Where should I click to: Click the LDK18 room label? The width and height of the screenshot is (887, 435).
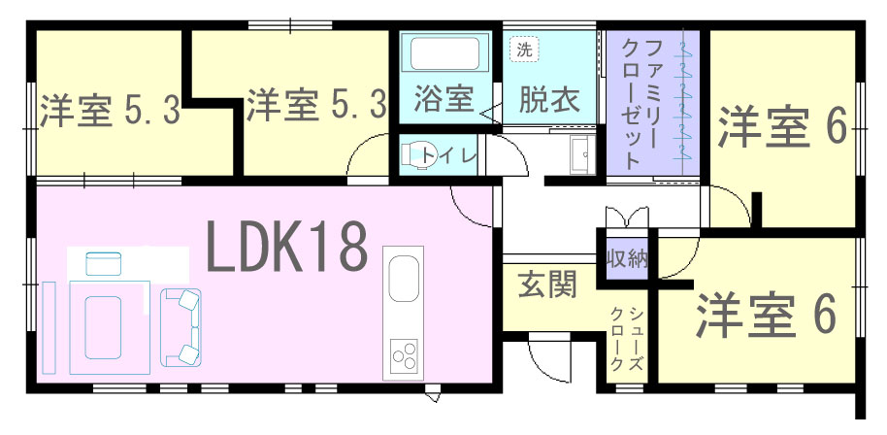point(288,246)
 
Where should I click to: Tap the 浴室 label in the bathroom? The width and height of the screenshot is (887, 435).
point(443,100)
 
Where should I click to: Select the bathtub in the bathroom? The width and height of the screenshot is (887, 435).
point(444,54)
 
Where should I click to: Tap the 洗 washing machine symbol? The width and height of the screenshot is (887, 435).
point(524,50)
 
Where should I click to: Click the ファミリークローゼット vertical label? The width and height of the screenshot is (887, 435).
point(640,103)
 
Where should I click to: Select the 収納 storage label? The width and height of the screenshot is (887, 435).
point(627,259)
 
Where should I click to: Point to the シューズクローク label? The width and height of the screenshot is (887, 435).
point(628,338)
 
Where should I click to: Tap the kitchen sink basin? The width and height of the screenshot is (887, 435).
point(403,279)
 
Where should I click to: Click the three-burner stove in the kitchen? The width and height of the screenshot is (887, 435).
point(404,354)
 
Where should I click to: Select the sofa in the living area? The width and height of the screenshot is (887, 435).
point(181,326)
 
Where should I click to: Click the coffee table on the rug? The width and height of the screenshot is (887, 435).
point(103,327)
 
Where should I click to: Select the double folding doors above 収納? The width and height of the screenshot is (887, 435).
point(626,217)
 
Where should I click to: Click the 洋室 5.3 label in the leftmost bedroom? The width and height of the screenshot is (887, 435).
point(111,111)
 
